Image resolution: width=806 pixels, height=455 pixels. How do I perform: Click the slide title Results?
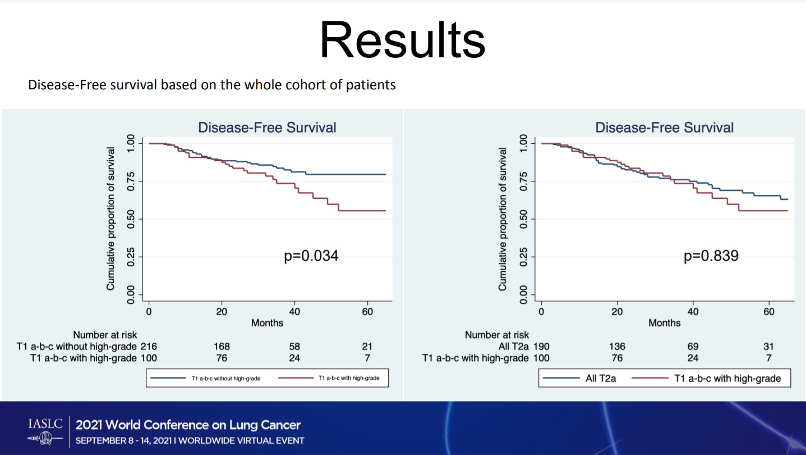point(402,41)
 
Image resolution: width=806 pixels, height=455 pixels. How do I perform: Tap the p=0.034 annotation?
point(311,256)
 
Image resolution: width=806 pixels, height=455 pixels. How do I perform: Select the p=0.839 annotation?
point(711,256)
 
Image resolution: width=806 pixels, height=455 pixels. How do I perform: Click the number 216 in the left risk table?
point(149,347)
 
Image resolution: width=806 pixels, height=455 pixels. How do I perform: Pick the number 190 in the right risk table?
point(541,347)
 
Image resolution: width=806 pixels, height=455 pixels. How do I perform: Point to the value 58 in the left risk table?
point(293,347)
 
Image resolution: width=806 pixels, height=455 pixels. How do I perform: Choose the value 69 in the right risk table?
point(693,347)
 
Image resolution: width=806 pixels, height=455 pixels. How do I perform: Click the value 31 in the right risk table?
point(768,347)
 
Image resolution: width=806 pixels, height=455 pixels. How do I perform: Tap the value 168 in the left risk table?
point(222,347)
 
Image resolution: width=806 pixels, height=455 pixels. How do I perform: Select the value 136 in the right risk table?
point(618,347)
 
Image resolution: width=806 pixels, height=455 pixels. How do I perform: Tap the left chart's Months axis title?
point(267,323)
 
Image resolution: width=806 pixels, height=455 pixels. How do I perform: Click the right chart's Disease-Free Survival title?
point(664,128)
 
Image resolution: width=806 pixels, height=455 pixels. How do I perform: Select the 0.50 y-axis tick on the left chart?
point(131,219)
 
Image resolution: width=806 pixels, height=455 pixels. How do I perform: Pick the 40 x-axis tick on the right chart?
point(693,312)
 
